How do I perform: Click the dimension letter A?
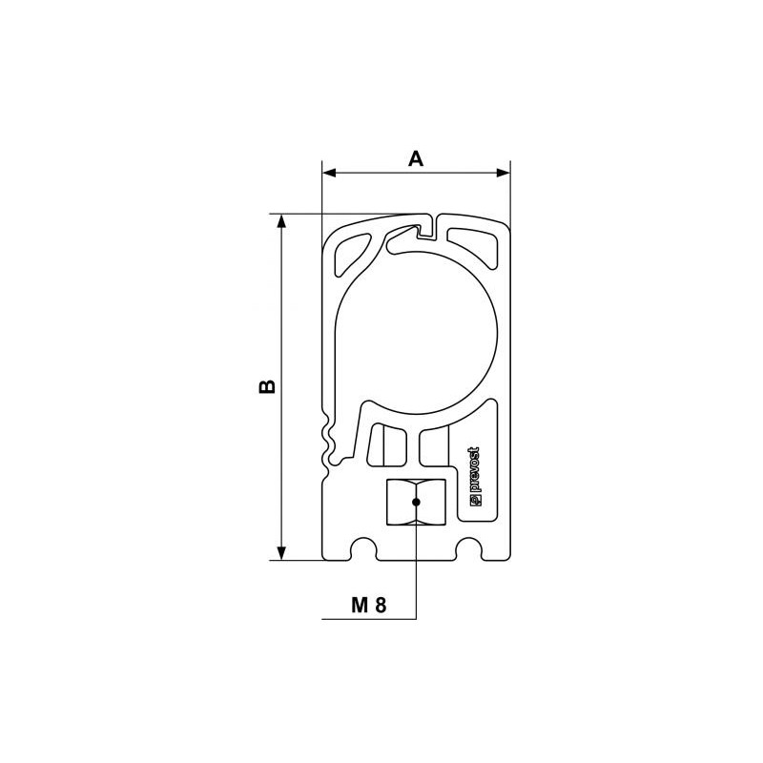click(x=416, y=158)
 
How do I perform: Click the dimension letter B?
click(x=267, y=386)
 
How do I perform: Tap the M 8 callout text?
click(x=369, y=605)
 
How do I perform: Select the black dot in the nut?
click(x=416, y=502)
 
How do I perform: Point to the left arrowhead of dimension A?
click(x=329, y=173)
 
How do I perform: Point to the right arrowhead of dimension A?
click(x=504, y=173)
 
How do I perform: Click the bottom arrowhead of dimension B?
click(x=280, y=553)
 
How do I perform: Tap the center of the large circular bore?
click(x=417, y=333)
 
